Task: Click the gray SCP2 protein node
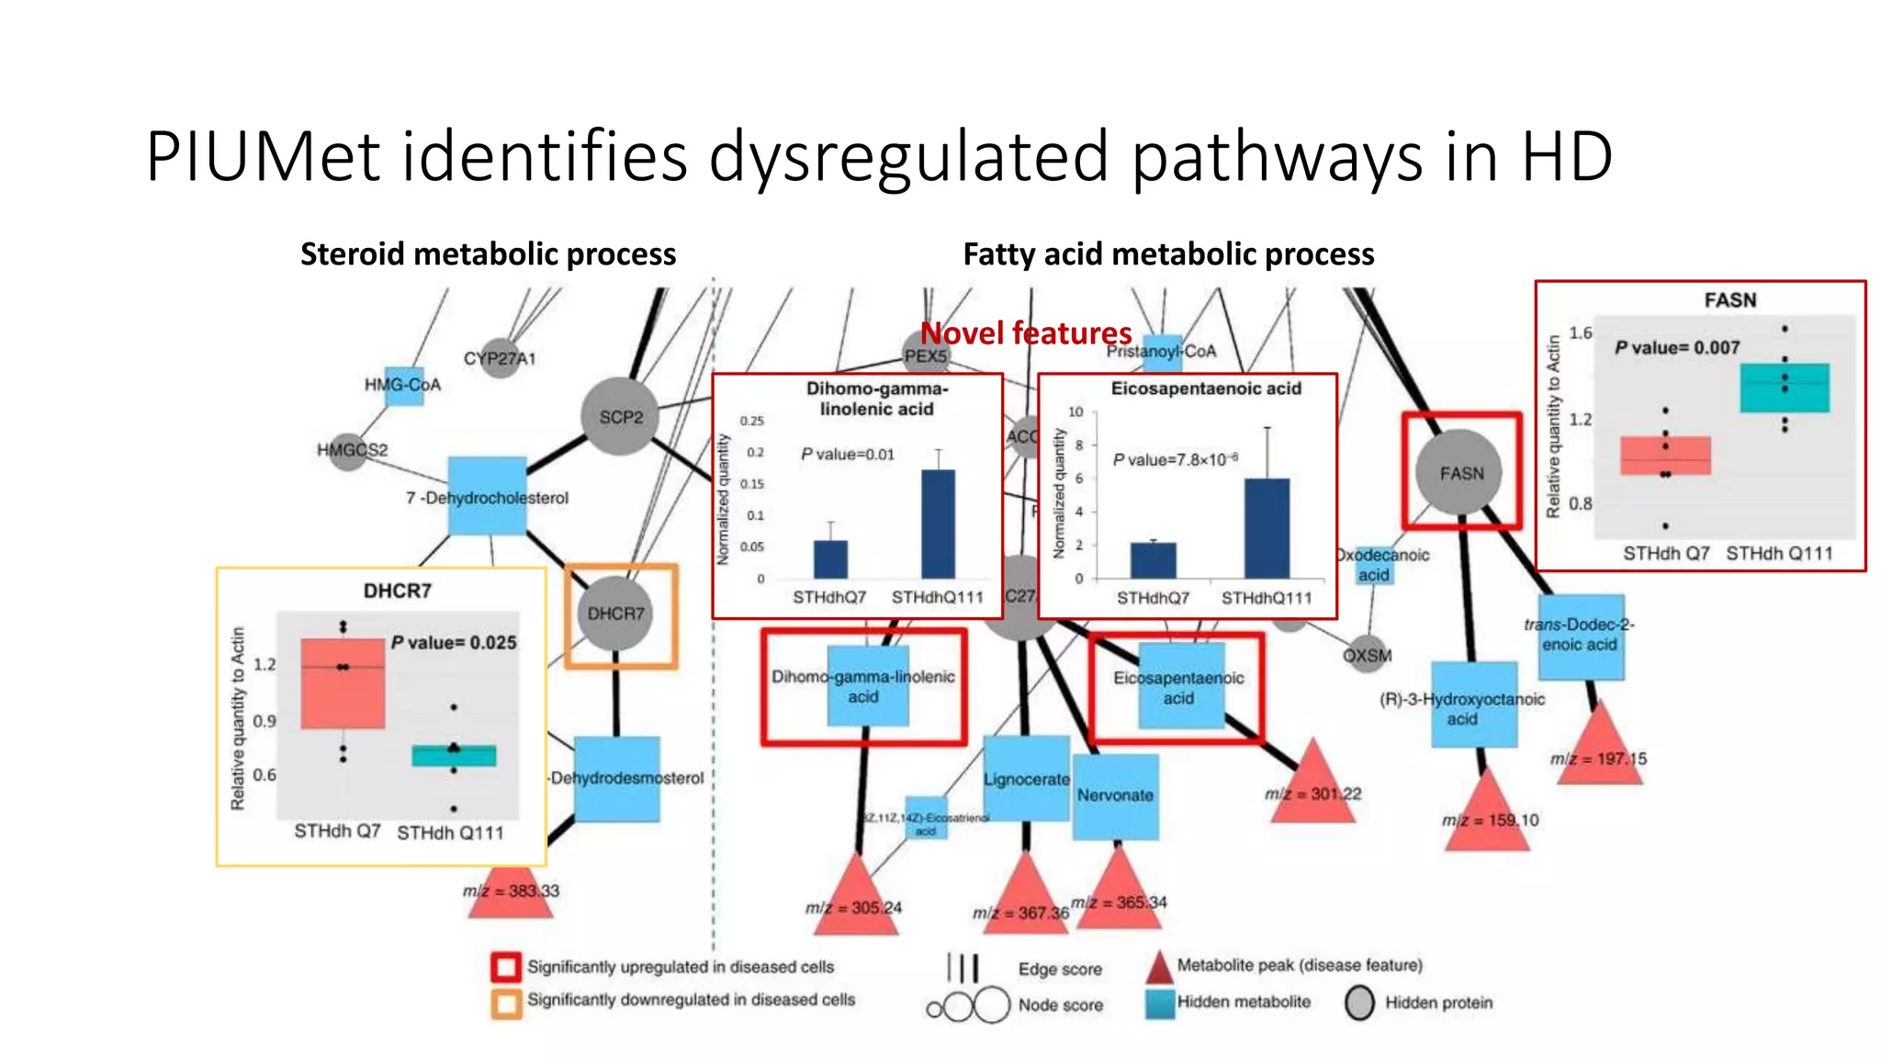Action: pyautogui.click(x=621, y=416)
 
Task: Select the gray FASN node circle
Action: pyautogui.click(x=1461, y=472)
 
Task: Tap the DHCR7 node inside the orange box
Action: pyautogui.click(x=615, y=613)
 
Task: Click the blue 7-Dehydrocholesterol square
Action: pyautogui.click(x=487, y=496)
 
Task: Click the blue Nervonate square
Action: pyautogui.click(x=1115, y=795)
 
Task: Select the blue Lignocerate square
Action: pyautogui.click(x=1026, y=779)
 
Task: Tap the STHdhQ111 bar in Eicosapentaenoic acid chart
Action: pyautogui.click(x=1267, y=528)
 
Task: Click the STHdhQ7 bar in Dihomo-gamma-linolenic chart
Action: pyautogui.click(x=830, y=559)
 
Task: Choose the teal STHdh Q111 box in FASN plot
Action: pyautogui.click(x=1784, y=388)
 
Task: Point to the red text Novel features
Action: pyautogui.click(x=1026, y=332)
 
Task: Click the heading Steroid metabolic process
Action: pyautogui.click(x=488, y=253)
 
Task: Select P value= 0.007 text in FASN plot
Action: pyautogui.click(x=1677, y=347)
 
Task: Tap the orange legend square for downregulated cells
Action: pyautogui.click(x=505, y=1002)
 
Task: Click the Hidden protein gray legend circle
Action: pyautogui.click(x=1359, y=1003)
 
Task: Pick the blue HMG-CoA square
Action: pyautogui.click(x=403, y=384)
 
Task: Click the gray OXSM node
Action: pyautogui.click(x=1367, y=655)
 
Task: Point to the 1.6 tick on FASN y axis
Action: pyautogui.click(x=1580, y=332)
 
